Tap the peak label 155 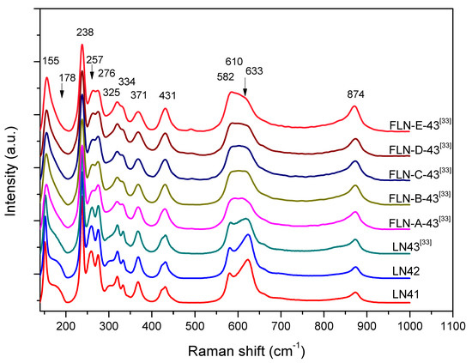pyautogui.click(x=52, y=61)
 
